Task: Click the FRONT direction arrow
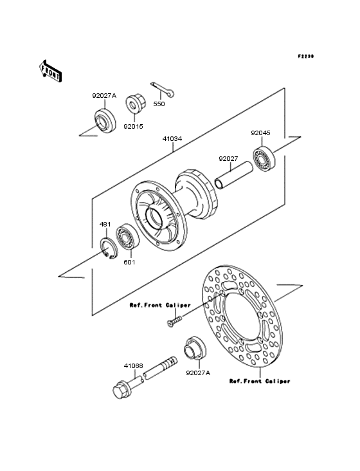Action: [50, 71]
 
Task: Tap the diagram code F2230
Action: [306, 56]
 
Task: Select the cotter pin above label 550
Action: [162, 89]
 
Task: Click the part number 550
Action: [159, 104]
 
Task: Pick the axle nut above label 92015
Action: [136, 104]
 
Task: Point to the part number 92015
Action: [134, 127]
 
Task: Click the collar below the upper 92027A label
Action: [105, 121]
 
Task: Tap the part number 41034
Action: [172, 139]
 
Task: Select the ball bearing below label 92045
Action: [264, 158]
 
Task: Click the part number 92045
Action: [261, 133]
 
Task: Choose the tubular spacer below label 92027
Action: [234, 176]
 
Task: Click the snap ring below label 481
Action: [109, 248]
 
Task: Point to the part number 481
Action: [105, 225]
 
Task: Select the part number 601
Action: [129, 263]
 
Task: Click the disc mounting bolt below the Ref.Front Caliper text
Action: [174, 320]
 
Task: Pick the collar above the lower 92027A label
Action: [195, 348]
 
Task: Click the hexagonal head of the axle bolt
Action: [122, 389]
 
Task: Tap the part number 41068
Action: [134, 366]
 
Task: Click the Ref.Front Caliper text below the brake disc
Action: [260, 381]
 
